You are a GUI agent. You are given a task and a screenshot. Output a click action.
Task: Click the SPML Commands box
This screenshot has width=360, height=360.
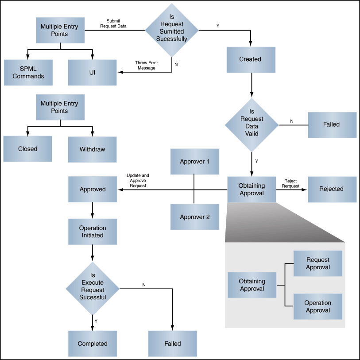click(28, 73)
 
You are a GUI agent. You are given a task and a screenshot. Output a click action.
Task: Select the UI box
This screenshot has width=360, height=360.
click(92, 73)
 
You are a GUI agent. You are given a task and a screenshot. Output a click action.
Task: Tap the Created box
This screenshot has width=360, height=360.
click(251, 60)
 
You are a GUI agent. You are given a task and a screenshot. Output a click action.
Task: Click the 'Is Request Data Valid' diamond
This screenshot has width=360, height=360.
click(252, 125)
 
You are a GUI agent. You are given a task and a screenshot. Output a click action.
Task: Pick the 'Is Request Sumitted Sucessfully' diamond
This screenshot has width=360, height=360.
click(172, 30)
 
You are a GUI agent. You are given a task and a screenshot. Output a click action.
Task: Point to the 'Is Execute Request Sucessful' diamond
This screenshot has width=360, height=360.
click(93, 288)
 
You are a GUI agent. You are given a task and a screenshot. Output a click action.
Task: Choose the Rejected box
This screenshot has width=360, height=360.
click(332, 190)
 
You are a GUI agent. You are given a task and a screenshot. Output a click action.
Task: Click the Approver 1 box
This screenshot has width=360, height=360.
click(195, 162)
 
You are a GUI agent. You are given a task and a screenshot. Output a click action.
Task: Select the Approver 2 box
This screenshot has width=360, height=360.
click(195, 217)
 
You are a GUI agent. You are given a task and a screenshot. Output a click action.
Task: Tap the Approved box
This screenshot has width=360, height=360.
click(93, 189)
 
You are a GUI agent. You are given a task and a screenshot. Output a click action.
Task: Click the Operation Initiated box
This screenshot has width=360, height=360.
click(93, 232)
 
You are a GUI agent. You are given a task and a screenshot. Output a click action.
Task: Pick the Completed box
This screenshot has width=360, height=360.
click(93, 344)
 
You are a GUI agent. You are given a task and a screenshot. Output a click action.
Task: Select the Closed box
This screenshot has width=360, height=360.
click(27, 149)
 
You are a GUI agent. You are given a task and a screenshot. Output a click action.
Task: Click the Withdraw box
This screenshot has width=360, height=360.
click(92, 150)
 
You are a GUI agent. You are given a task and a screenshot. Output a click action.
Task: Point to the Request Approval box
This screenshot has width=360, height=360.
click(318, 263)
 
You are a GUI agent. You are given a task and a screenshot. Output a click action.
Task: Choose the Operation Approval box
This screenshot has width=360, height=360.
click(318, 306)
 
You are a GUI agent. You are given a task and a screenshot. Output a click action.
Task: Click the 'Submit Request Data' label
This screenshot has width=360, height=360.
click(113, 23)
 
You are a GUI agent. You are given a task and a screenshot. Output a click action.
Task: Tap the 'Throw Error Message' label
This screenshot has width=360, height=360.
click(147, 65)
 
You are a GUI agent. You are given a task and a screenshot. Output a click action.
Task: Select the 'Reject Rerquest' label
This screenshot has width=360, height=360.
click(290, 183)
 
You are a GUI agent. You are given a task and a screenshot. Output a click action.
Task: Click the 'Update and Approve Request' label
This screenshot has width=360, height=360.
click(138, 181)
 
